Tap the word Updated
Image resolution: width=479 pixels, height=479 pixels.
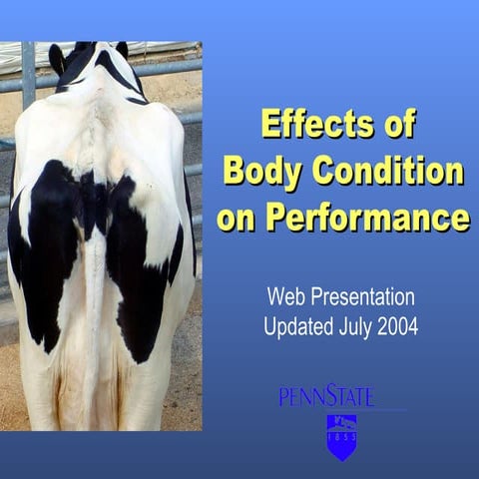[x=300, y=326]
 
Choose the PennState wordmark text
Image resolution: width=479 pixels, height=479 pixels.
[x=326, y=396]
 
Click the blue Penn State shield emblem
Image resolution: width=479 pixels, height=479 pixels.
[x=341, y=437]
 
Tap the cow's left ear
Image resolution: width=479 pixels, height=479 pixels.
[x=57, y=59]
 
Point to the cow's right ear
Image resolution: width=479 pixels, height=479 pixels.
[x=124, y=50]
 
